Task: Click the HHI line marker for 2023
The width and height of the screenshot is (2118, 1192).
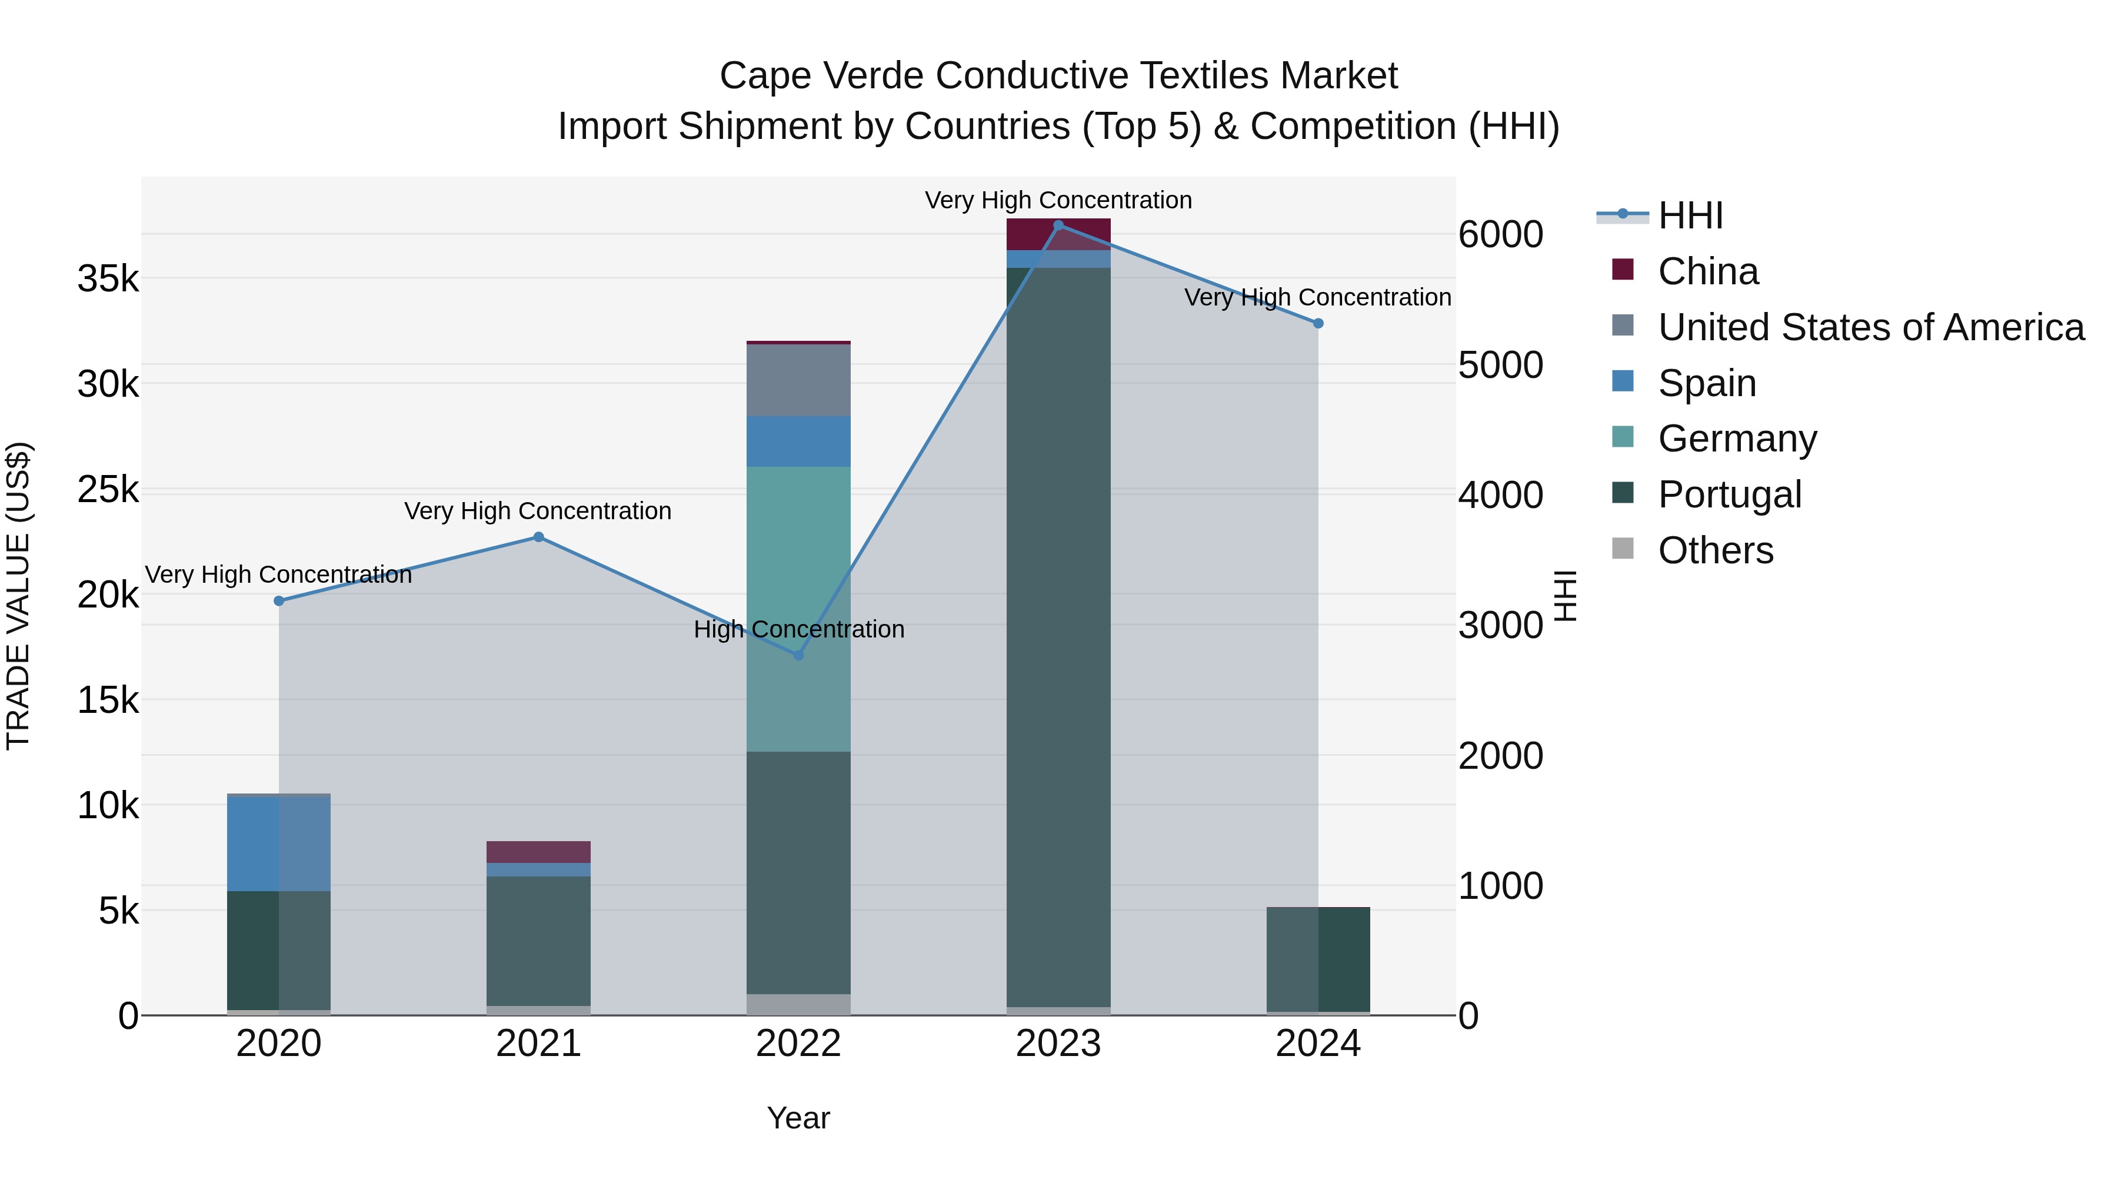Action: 1058,225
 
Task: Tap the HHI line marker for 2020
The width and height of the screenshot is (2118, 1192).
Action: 279,600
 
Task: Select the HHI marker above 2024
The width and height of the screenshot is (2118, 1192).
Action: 1318,323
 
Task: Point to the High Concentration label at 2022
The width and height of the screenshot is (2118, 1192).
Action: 798,629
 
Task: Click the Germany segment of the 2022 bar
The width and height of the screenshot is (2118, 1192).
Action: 798,609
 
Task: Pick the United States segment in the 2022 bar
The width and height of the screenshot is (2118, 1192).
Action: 798,380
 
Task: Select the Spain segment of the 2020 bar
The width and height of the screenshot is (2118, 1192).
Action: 279,843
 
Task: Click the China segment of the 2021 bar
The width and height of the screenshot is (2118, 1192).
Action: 538,851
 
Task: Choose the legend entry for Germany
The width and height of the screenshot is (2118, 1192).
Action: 1737,439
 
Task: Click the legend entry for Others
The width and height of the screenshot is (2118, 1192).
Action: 1715,550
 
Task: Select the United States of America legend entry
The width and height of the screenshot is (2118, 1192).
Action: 1870,327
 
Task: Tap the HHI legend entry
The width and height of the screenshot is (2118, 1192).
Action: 1690,215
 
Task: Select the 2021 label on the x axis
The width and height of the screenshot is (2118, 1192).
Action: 538,1044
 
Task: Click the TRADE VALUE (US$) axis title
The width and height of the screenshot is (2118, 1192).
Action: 18,596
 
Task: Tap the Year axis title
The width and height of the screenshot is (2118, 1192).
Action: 798,1118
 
